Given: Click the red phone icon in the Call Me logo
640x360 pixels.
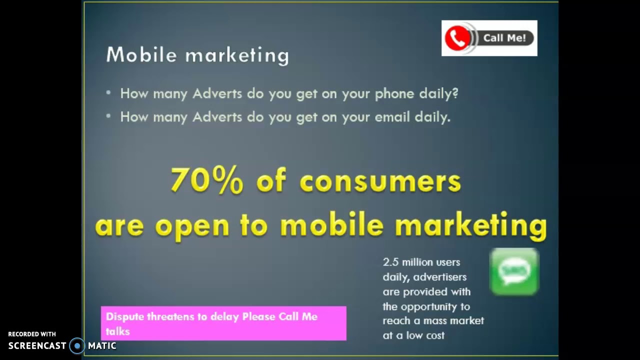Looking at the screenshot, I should [x=457, y=38].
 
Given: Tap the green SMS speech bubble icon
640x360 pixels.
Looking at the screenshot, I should [x=514, y=271].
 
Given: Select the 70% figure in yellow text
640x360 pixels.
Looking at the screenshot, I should [x=206, y=180].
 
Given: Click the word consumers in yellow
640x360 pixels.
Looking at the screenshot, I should [x=380, y=181].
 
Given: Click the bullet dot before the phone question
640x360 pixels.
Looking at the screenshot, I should [x=108, y=93].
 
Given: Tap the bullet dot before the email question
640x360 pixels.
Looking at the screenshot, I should [x=108, y=116].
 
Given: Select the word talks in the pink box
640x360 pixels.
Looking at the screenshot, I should [x=117, y=331].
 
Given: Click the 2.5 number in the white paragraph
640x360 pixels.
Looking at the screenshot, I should [x=390, y=262].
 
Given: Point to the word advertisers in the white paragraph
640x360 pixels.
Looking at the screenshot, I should [x=439, y=277].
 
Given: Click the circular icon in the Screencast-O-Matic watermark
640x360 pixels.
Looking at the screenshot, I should [x=77, y=345].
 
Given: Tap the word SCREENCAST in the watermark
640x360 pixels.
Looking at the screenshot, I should [x=37, y=345].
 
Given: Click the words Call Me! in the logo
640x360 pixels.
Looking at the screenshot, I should [x=504, y=38].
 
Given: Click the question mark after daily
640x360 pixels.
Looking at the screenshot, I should [x=454, y=93].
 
